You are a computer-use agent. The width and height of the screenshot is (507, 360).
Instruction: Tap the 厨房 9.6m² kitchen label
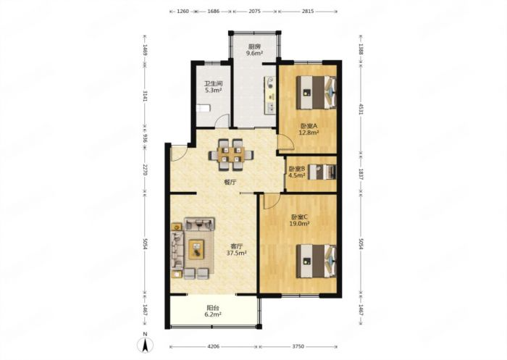(254, 50)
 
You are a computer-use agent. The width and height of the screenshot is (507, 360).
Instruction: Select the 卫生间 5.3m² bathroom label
(214, 87)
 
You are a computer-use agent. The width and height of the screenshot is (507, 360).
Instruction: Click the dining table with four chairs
(230, 154)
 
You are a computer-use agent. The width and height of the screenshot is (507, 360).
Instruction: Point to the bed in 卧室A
(317, 93)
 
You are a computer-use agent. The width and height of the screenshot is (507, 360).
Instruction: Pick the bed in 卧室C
(317, 261)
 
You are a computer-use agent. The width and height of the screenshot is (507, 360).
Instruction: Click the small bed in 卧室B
(322, 172)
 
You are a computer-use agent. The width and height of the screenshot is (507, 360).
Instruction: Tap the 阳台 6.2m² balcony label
(214, 311)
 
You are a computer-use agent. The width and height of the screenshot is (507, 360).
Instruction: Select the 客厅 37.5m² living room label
(236, 249)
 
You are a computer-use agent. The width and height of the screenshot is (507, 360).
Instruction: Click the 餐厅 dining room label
(230, 182)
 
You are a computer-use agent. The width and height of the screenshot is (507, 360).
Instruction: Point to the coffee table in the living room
(196, 249)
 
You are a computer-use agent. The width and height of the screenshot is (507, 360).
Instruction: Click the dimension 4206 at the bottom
(214, 346)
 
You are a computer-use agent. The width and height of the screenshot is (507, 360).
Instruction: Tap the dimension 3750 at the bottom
(298, 346)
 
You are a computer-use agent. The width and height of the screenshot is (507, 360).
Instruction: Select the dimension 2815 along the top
(308, 11)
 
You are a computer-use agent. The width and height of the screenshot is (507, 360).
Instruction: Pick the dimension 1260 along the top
(183, 11)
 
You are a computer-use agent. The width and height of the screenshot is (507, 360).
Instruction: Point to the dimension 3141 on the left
(145, 96)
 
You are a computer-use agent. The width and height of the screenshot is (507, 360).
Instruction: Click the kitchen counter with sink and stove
(270, 95)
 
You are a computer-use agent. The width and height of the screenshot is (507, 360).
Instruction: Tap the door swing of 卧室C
(272, 201)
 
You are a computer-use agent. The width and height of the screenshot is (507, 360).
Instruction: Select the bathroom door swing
(222, 121)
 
